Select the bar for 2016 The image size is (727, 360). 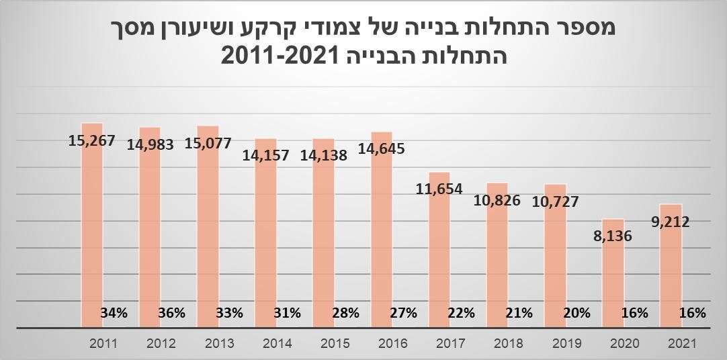coord(382,228)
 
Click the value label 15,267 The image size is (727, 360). coord(92,141)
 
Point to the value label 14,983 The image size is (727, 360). coord(150,144)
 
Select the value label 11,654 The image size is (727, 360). coord(439,189)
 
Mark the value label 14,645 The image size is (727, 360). coord(382,148)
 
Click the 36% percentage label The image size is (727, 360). coord(172,312)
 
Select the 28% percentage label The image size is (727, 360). coord(345,312)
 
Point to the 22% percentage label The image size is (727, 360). coord(461,312)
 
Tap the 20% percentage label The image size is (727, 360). coord(576,312)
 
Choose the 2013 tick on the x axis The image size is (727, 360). coord(219,343)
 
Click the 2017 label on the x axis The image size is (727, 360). coord(450,343)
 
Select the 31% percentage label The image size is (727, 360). coord(288,312)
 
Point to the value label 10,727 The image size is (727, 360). coord(555,201)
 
